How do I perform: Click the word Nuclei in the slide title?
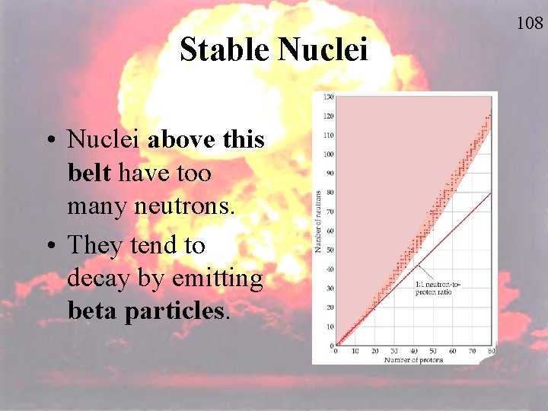click(323, 50)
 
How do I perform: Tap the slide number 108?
click(530, 24)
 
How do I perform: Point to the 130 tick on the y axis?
click(328, 97)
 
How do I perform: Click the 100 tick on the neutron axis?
click(328, 155)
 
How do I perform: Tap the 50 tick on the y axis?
click(330, 250)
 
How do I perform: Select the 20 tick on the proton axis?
click(374, 351)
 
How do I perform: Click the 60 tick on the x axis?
click(452, 351)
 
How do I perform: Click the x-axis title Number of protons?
click(413, 359)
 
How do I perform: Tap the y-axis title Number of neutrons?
click(318, 221)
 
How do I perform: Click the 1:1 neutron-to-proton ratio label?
click(438, 288)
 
